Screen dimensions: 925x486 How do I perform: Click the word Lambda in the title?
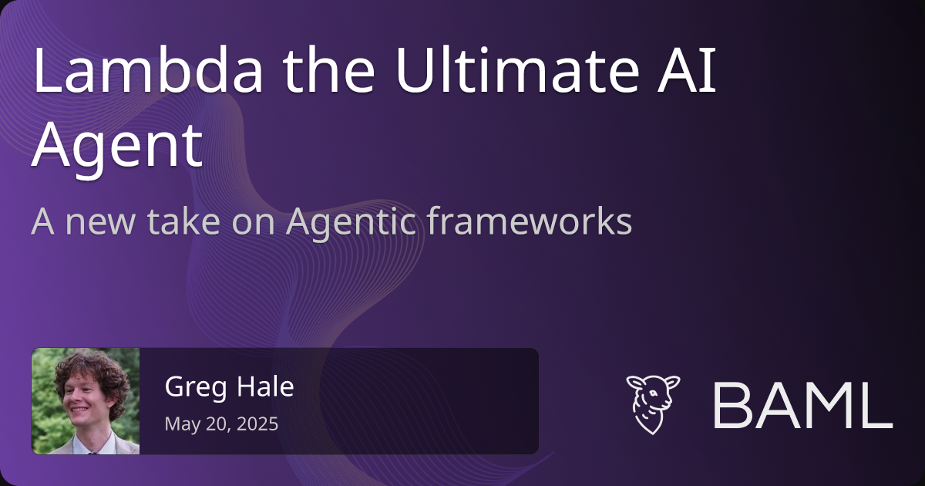[x=148, y=69]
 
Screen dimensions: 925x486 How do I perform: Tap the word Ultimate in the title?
[x=518, y=69]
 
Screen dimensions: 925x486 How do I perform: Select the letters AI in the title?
[x=686, y=70]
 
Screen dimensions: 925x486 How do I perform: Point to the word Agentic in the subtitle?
[x=351, y=223]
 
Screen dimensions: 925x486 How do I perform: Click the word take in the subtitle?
[x=183, y=221]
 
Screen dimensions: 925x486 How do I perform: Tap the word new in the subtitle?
[x=100, y=223]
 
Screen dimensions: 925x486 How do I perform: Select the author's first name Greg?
[x=196, y=387]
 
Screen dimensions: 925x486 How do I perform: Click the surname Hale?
[x=265, y=386]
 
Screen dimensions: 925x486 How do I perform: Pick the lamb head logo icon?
[x=653, y=404]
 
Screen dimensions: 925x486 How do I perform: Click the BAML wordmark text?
[x=803, y=406]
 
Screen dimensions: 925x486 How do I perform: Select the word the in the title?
[x=328, y=69]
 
